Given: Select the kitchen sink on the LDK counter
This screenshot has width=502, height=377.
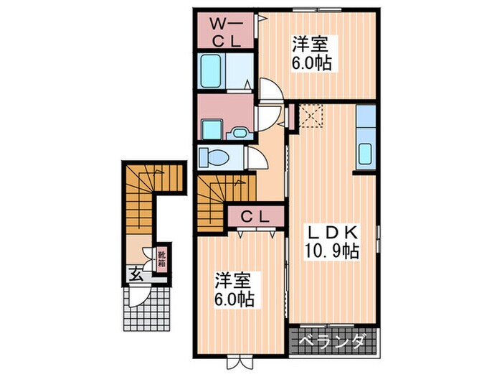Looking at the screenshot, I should [364, 153].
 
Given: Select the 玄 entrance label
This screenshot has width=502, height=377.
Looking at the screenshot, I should [135, 273].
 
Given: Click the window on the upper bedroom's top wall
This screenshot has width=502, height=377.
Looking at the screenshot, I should [316, 9].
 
